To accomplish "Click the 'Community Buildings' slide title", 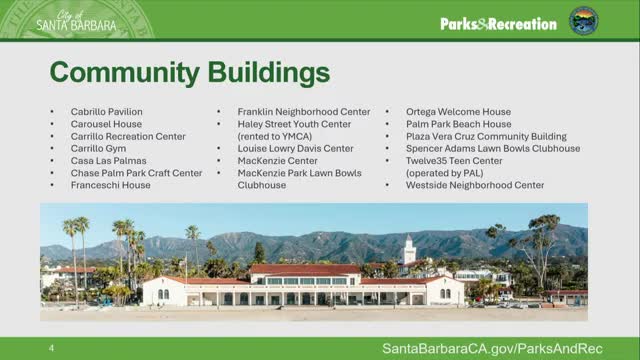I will (189, 73).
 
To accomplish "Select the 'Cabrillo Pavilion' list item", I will (106, 112).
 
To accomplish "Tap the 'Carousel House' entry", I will (106, 124).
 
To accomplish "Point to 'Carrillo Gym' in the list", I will (98, 148).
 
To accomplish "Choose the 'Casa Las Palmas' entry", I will (108, 160).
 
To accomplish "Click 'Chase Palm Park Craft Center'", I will (136, 173).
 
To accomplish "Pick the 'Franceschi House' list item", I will (110, 185).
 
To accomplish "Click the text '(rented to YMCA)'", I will (275, 136).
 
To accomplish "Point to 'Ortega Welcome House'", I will (458, 112).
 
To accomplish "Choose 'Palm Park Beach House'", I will (458, 124).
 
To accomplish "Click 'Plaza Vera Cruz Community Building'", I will (486, 136).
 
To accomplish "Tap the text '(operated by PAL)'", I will (447, 173).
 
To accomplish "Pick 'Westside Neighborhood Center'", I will (475, 185).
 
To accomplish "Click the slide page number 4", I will (51, 347).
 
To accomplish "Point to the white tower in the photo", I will (409, 250).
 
